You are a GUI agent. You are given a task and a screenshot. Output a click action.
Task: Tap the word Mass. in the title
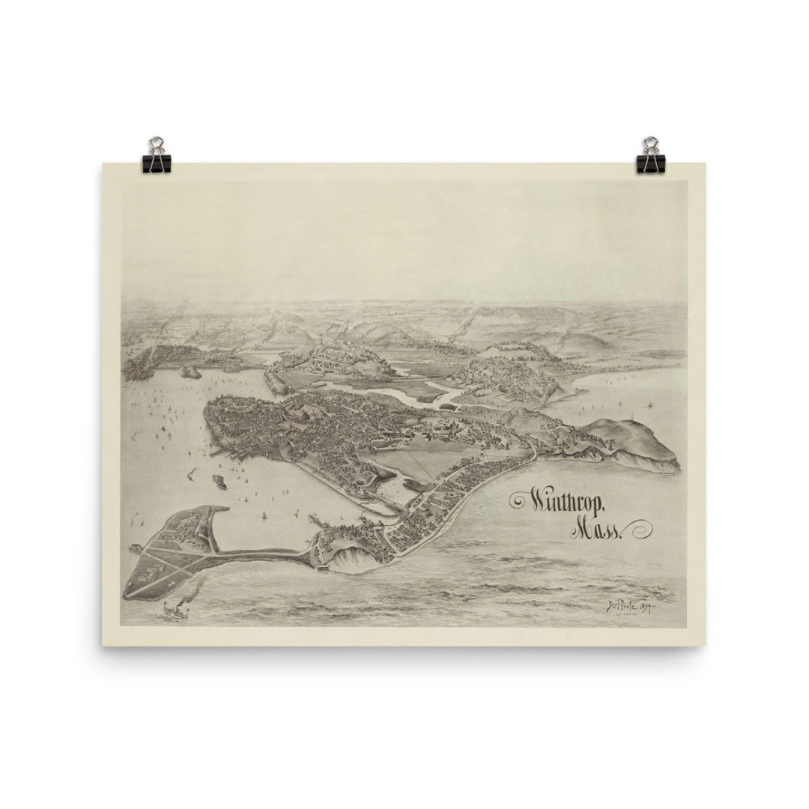pyautogui.click(x=596, y=530)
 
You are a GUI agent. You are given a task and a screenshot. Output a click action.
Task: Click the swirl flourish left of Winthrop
pyautogui.click(x=518, y=500)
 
